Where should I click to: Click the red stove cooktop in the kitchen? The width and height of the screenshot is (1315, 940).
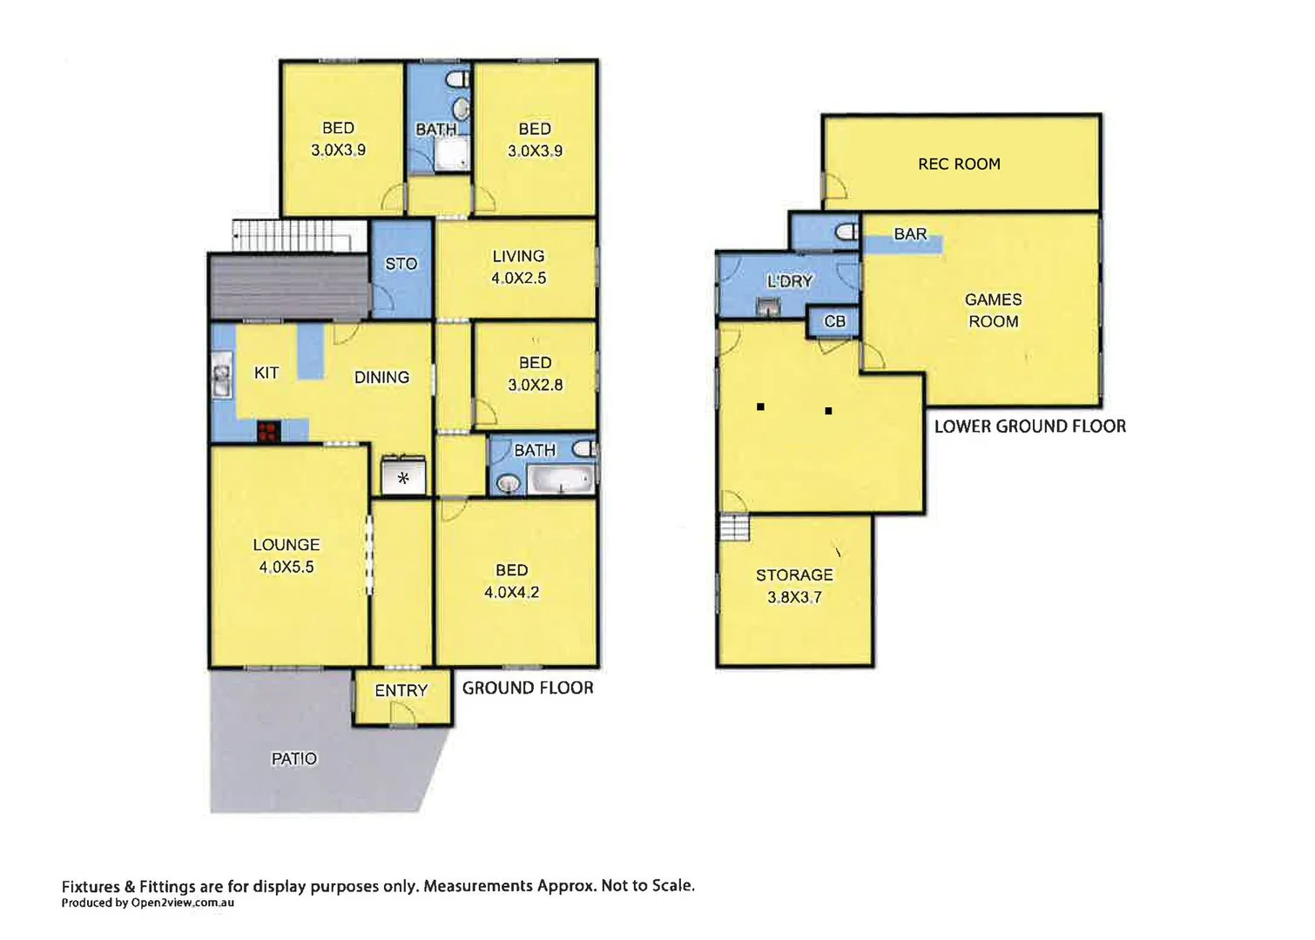pyautogui.click(x=268, y=432)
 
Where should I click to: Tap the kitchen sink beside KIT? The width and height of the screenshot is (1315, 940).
pyautogui.click(x=221, y=377)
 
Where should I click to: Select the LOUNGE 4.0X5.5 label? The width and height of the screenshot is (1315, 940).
pyautogui.click(x=287, y=555)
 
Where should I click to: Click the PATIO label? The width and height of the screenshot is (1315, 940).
pyautogui.click(x=294, y=759)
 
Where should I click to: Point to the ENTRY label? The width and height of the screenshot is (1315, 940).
pyautogui.click(x=401, y=690)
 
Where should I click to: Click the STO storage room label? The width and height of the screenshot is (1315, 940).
pyautogui.click(x=401, y=264)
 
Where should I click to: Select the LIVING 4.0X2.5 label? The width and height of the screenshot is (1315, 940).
pyautogui.click(x=518, y=267)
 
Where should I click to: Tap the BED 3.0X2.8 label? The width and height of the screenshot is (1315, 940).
pyautogui.click(x=535, y=373)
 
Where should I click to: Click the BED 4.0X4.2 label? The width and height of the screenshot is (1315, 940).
pyautogui.click(x=511, y=581)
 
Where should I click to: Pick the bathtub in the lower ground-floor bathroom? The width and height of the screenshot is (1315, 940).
pyautogui.click(x=562, y=480)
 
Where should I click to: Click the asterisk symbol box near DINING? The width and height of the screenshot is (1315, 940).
pyautogui.click(x=403, y=478)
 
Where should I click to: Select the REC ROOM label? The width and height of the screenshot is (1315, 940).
pyautogui.click(x=959, y=164)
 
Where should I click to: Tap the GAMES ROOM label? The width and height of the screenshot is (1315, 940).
pyautogui.click(x=993, y=310)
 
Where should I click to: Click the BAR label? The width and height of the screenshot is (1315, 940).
pyautogui.click(x=910, y=234)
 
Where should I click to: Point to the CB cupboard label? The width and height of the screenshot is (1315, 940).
pyautogui.click(x=834, y=321)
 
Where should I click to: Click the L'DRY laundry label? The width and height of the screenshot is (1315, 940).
pyautogui.click(x=789, y=281)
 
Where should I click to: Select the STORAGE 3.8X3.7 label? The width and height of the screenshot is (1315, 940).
pyautogui.click(x=794, y=586)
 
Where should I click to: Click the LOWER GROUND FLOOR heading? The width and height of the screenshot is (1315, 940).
pyautogui.click(x=1029, y=426)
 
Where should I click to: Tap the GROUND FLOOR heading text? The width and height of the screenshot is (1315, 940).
pyautogui.click(x=528, y=688)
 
